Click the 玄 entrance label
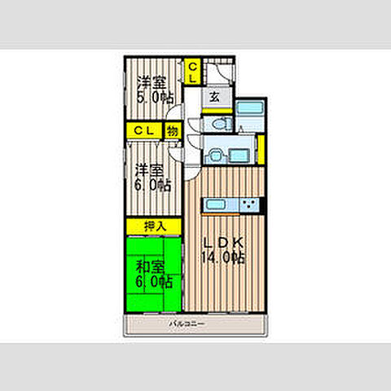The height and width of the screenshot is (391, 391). point(213,97)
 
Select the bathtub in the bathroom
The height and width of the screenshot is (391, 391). point(250,114)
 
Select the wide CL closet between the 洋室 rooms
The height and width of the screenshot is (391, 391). point(144,130)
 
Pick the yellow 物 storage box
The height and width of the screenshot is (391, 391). point(173,130)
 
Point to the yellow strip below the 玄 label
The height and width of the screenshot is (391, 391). point(214,108)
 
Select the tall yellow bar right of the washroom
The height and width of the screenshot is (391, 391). point(260,148)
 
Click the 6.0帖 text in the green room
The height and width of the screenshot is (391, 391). point(153,282)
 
